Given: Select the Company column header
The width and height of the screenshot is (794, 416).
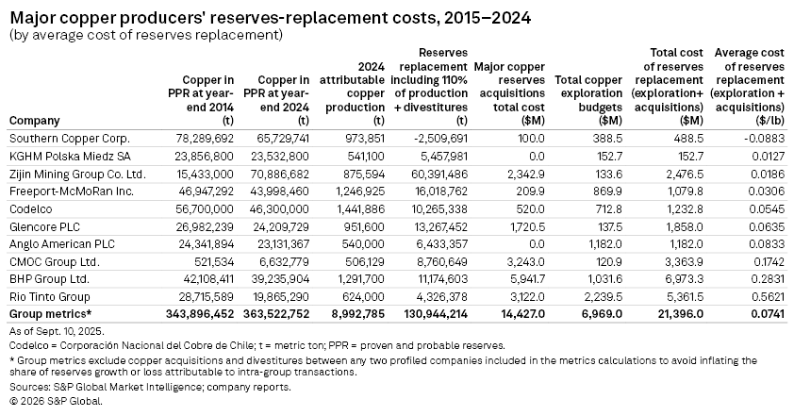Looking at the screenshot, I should (x=34, y=121).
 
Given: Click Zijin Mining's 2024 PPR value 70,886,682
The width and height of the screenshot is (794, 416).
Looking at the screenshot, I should (x=276, y=174).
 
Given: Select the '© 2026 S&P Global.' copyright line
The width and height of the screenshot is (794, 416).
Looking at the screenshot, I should (x=55, y=401).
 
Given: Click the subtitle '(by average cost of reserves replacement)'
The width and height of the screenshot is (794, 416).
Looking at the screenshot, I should (x=145, y=36).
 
